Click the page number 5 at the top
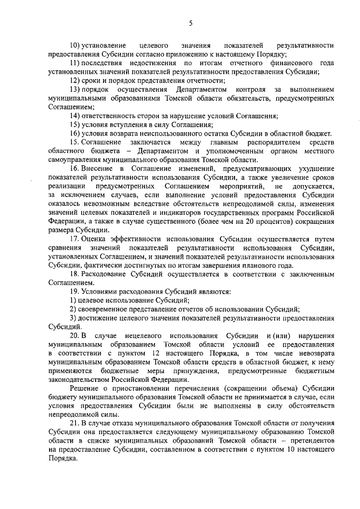191,23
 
